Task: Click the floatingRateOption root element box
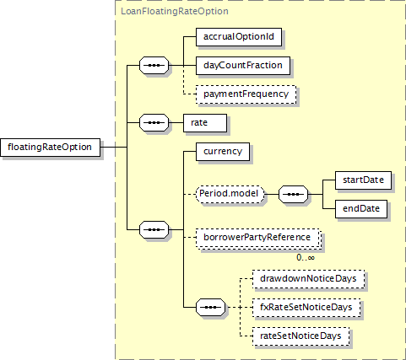(x=50, y=148)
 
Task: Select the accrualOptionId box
(x=239, y=37)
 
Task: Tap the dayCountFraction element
(x=243, y=66)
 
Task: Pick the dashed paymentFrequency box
(x=246, y=94)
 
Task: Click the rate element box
(x=205, y=123)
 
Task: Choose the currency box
(x=223, y=152)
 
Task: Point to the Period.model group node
(x=230, y=194)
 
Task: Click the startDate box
(x=363, y=180)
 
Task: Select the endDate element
(x=361, y=209)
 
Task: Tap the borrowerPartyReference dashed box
(x=258, y=238)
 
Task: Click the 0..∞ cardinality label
(x=306, y=257)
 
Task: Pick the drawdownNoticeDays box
(x=308, y=279)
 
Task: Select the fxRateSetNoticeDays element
(x=306, y=308)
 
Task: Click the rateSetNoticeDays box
(x=300, y=336)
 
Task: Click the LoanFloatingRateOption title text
(x=175, y=11)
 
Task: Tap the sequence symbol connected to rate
(x=154, y=123)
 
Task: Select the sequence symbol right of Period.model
(x=293, y=194)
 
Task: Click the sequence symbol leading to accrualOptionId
(x=154, y=66)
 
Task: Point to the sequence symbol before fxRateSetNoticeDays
(x=210, y=308)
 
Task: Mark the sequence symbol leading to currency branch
(x=154, y=230)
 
